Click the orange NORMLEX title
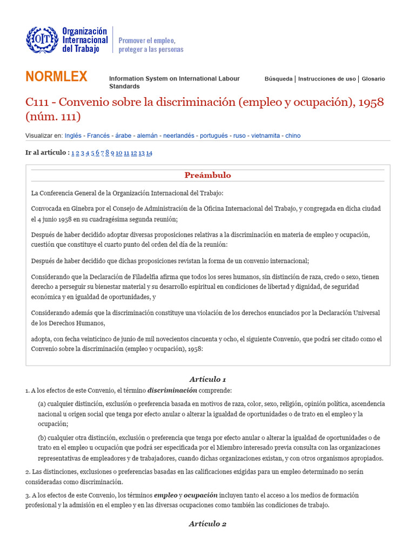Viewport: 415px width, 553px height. click(x=56, y=77)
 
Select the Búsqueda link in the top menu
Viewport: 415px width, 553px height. click(x=278, y=79)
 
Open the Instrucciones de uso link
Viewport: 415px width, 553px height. click(x=327, y=79)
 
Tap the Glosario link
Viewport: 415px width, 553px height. click(x=373, y=79)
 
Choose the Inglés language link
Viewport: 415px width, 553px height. click(x=73, y=136)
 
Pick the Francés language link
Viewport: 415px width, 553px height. click(x=99, y=136)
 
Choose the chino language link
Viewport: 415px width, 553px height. click(x=293, y=136)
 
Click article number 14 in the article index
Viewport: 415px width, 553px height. click(x=149, y=153)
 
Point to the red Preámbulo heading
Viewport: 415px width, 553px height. click(x=207, y=175)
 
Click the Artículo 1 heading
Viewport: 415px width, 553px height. click(x=207, y=379)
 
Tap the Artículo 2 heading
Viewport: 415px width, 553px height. click(x=207, y=524)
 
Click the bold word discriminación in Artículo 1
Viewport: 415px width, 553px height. click(x=172, y=390)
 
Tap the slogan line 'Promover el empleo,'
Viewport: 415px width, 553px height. click(x=147, y=41)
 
